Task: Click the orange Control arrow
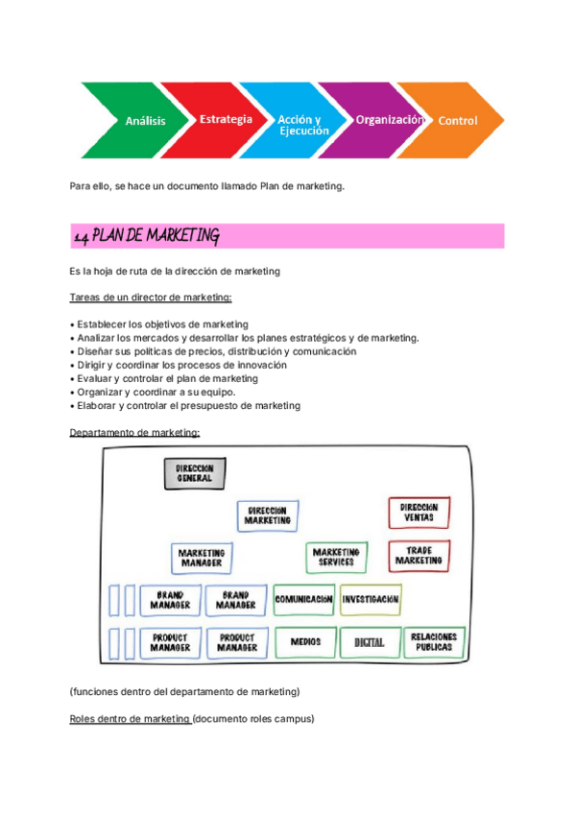pos(456,120)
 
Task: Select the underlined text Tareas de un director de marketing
pos(151,298)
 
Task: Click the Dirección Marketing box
pos(267,515)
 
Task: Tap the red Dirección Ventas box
pos(419,512)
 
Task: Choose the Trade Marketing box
pos(419,555)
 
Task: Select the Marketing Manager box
pos(203,558)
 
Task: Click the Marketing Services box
pos(336,557)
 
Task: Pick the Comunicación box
pos(303,599)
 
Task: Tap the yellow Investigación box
pos(371,599)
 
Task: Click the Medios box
pos(305,641)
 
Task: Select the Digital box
pos(370,641)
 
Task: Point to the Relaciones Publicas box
pos(434,641)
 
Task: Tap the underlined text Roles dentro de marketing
pos(131,718)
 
